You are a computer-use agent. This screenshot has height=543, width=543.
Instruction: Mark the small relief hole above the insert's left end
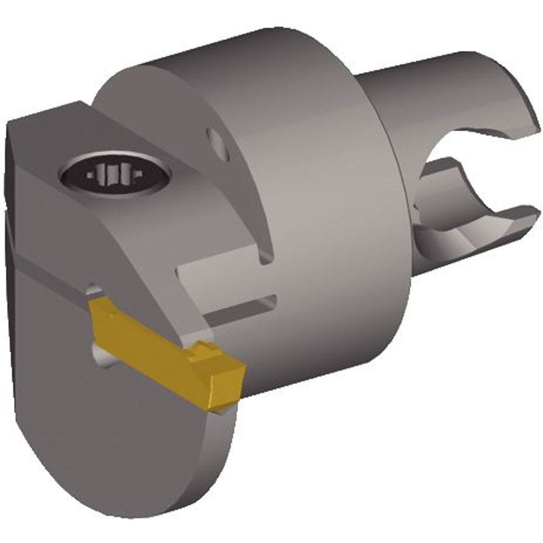[x=93, y=291]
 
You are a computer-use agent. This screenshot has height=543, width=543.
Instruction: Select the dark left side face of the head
[x=14, y=254]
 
